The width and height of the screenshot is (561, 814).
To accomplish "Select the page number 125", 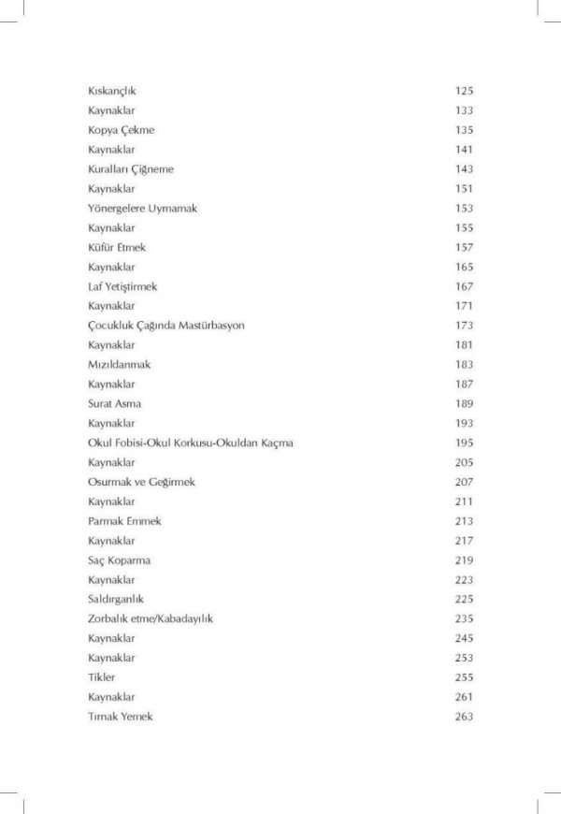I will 465,91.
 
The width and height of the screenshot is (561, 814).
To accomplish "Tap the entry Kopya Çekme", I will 115,130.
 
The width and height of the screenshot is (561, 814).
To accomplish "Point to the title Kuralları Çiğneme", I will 131,169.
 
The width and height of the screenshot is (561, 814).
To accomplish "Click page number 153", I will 465,208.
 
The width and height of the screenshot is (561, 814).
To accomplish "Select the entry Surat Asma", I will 114,403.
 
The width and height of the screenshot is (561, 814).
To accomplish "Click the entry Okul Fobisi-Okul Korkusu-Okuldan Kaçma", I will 191,443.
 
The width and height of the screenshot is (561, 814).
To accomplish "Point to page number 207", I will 465,482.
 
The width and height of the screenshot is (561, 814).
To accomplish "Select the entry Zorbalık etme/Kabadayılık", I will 150,618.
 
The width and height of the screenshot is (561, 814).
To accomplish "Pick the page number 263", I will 465,717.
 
